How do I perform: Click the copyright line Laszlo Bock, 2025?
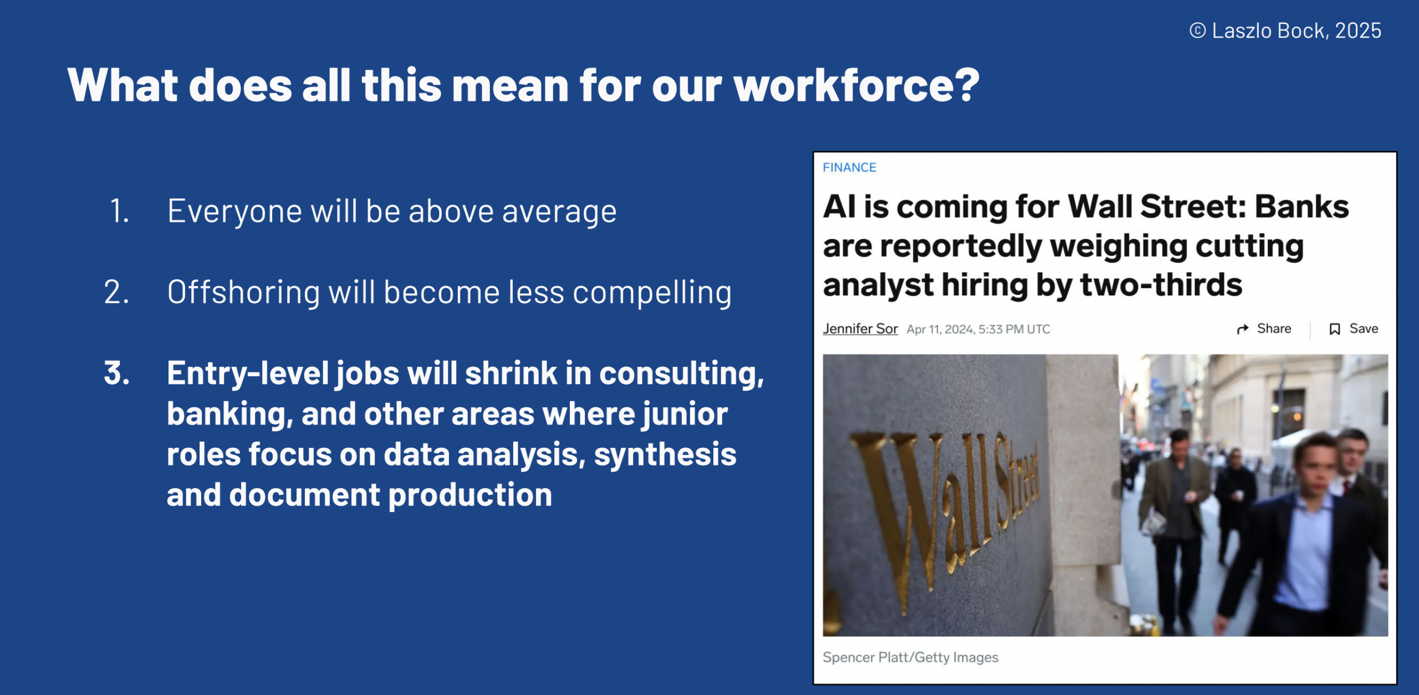[1285, 30]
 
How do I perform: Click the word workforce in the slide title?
[857, 85]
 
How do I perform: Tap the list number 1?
[119, 211]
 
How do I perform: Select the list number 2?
[116, 292]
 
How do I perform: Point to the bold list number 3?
[117, 373]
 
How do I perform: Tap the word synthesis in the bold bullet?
[665, 455]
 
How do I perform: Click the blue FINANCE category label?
[849, 167]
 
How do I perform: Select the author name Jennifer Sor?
[860, 329]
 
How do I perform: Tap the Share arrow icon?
[1243, 329]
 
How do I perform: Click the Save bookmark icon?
[1335, 329]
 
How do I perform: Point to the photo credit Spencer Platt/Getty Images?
[910, 657]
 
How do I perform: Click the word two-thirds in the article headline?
[1161, 285]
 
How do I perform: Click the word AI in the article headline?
[839, 207]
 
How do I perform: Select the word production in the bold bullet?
[470, 495]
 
